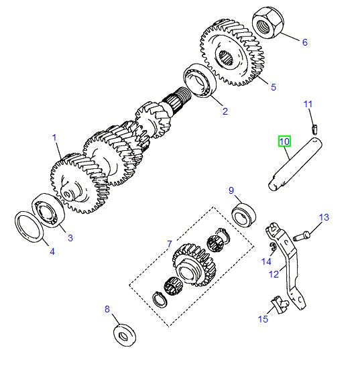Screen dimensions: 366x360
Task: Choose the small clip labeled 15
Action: point(280,306)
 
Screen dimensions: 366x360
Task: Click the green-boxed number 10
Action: point(285,141)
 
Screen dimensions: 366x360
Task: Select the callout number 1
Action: point(55,138)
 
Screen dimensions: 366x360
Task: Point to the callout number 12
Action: point(274,273)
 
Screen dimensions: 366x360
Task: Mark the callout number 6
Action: point(304,42)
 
